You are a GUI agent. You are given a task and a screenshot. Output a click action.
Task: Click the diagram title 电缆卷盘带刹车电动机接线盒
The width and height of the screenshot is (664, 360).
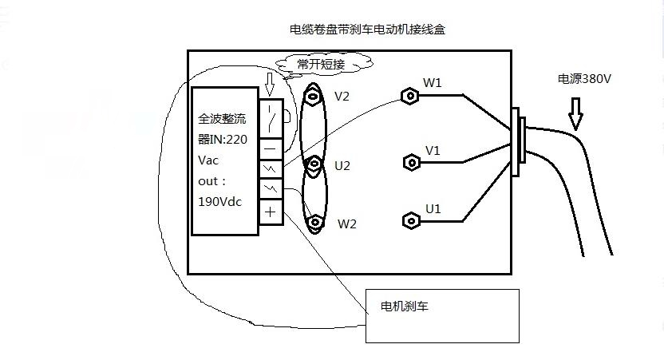[x=367, y=30]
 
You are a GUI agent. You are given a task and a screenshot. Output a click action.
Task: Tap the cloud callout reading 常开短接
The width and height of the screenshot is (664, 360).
[x=322, y=63]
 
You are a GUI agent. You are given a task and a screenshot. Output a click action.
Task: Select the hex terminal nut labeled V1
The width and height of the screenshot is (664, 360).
[x=411, y=162]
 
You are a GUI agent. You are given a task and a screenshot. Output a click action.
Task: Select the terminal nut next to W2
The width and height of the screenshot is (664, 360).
[x=317, y=221]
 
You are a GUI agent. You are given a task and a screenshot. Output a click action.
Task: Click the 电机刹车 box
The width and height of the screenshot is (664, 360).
[x=442, y=315]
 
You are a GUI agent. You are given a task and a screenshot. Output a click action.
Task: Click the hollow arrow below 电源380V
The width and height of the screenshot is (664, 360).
[x=575, y=117]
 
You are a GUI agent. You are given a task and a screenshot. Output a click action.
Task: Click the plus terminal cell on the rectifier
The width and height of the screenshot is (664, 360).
[x=271, y=212]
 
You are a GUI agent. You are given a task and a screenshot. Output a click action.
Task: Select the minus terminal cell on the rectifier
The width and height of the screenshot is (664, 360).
[x=271, y=148]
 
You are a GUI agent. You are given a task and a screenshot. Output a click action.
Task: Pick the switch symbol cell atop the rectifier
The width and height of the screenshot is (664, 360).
[x=271, y=118]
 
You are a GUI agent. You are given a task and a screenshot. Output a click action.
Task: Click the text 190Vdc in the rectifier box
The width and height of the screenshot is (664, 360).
[x=219, y=202]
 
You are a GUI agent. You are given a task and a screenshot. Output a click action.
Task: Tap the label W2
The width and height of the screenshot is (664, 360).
[x=347, y=224]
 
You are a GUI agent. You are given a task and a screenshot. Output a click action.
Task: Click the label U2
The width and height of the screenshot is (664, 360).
[x=342, y=166]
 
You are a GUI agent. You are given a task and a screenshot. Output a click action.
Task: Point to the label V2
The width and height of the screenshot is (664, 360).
[x=342, y=97]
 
